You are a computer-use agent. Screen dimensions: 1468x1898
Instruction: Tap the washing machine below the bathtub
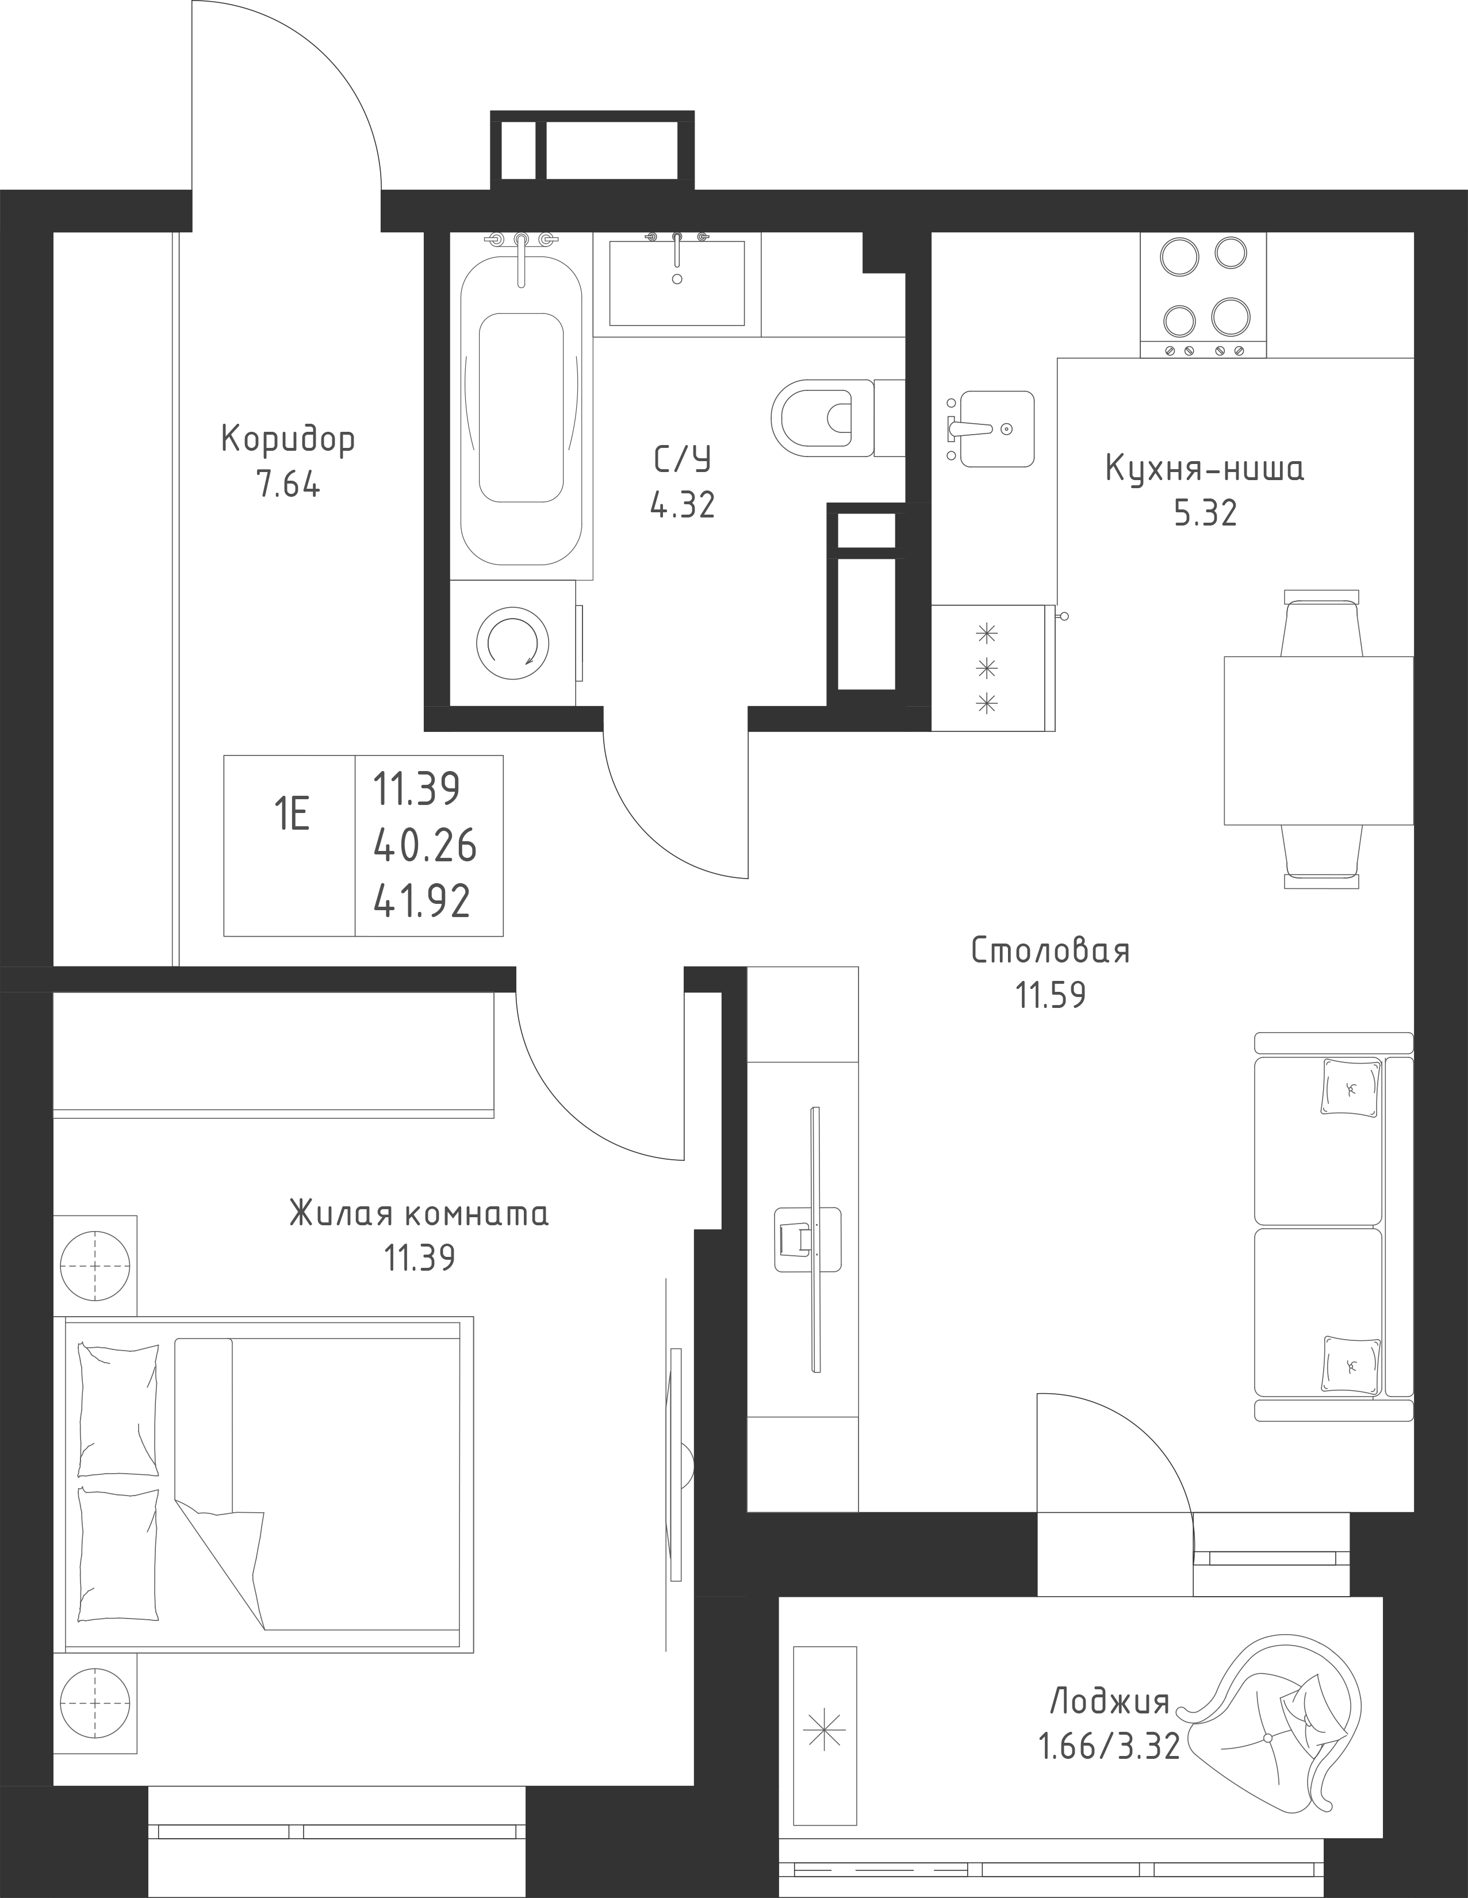[x=513, y=643]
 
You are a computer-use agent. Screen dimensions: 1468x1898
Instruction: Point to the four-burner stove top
[x=1203, y=296]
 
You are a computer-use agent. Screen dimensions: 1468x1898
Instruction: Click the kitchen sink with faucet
[x=991, y=428]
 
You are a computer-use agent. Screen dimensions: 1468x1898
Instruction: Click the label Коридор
[x=288, y=440]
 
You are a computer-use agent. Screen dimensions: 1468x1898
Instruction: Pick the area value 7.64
[x=288, y=484]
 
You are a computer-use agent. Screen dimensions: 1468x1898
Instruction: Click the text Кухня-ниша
[x=1205, y=470]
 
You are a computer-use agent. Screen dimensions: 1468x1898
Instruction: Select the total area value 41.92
[x=423, y=902]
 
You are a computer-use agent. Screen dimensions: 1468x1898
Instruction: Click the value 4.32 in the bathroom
[x=683, y=505]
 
